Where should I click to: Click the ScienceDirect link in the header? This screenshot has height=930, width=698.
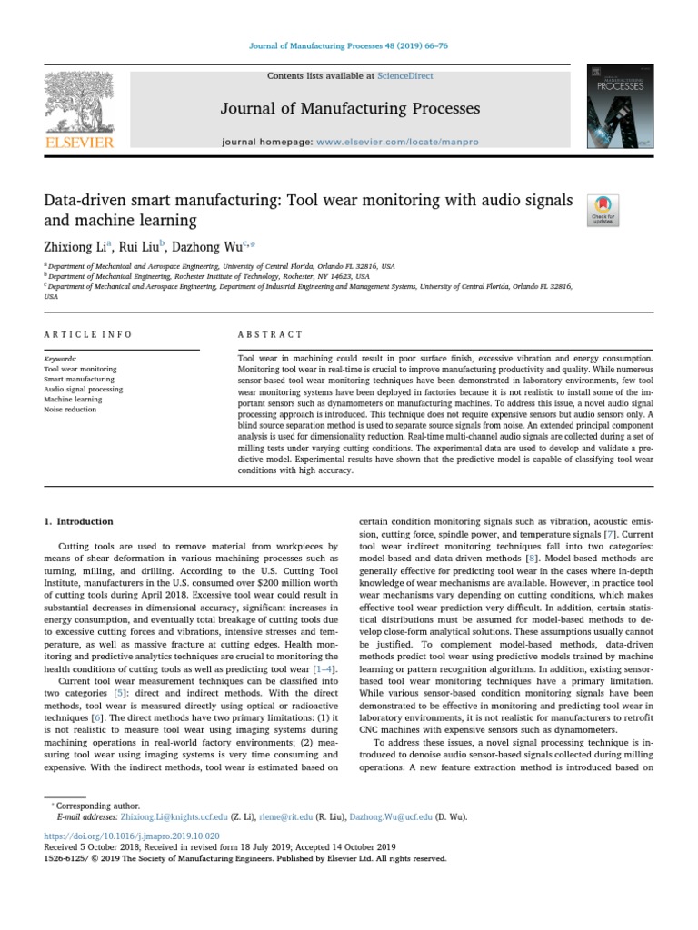[x=406, y=76]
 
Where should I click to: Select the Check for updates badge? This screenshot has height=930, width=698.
[x=605, y=209]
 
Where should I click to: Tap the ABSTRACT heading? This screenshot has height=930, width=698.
[x=263, y=334]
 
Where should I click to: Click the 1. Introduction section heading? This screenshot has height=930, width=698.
[x=79, y=521]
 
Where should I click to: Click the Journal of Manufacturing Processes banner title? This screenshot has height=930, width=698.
[x=350, y=109]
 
